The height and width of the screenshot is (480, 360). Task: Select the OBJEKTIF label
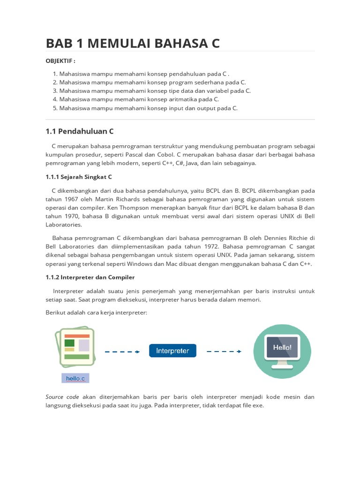tap(60, 61)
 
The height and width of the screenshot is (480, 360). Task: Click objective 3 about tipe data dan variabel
tap(152, 91)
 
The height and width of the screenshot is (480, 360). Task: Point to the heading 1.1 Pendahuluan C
tap(80, 131)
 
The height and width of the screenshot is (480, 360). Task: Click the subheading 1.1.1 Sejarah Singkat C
tap(79, 177)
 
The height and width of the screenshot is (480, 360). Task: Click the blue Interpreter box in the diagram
tap(172, 351)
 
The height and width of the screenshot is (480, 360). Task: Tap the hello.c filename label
tap(75, 378)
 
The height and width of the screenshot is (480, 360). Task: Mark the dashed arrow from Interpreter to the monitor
tap(224, 351)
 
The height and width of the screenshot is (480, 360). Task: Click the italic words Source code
tap(62, 397)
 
